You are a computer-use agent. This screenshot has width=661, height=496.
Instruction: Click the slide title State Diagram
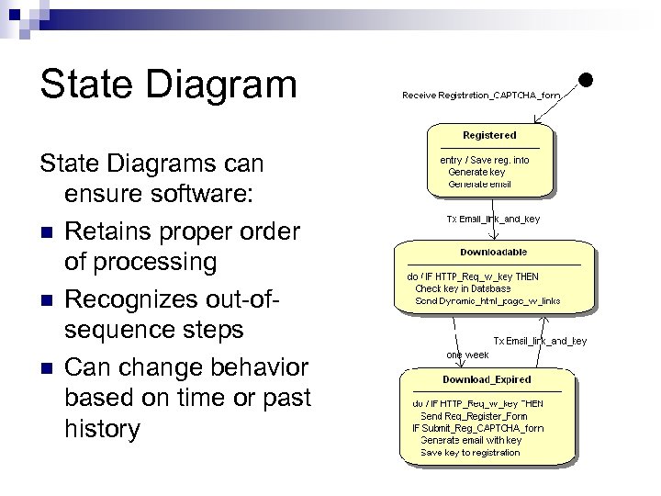tap(168, 84)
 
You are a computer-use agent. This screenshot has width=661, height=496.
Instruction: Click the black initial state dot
tap(583, 81)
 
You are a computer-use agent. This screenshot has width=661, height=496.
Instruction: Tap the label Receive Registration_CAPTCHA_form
tap(481, 94)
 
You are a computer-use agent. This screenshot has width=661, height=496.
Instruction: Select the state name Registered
tap(489, 135)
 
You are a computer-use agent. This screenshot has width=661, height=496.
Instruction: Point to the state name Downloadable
tap(494, 252)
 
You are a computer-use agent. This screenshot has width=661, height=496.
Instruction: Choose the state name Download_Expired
tap(487, 379)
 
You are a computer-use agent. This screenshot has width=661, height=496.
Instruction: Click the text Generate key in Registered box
tap(476, 172)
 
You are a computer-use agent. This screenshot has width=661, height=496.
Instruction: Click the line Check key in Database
tap(464, 288)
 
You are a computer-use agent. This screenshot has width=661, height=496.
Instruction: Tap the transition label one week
tap(467, 354)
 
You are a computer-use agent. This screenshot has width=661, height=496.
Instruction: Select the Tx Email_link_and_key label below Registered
tap(493, 219)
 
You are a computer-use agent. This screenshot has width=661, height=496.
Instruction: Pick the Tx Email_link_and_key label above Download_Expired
tap(540, 341)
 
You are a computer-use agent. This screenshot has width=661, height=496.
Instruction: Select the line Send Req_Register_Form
tap(474, 415)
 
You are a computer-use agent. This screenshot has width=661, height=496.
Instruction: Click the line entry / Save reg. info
tap(485, 160)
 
